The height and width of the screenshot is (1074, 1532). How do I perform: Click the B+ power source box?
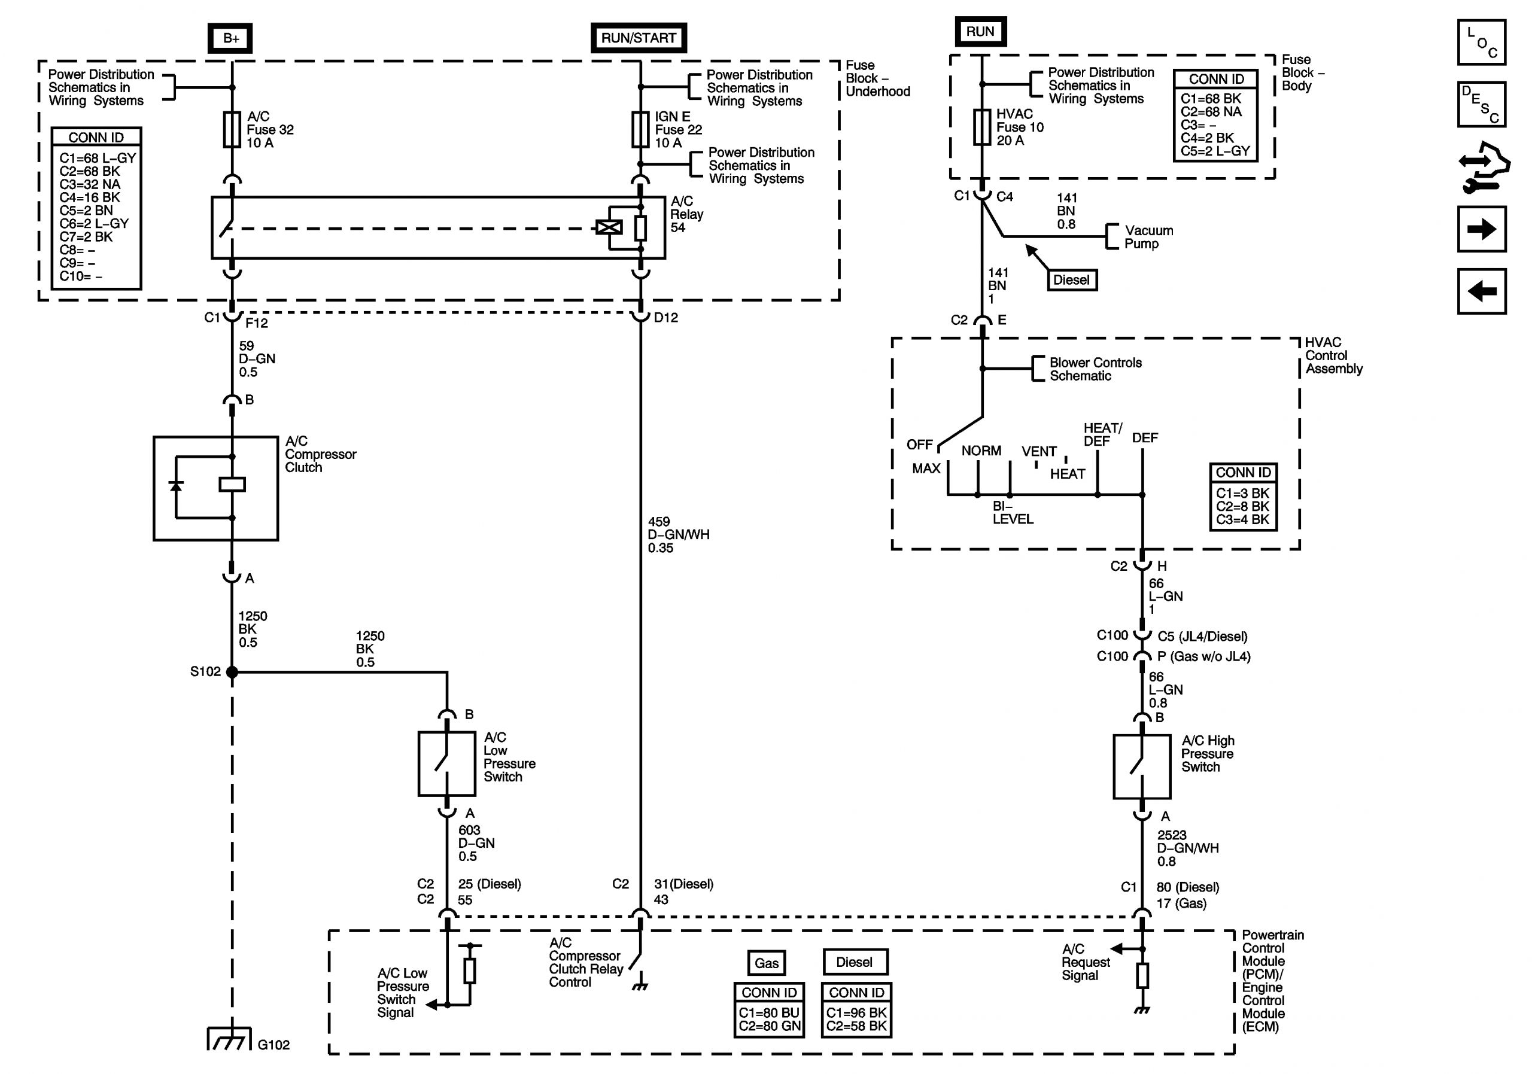click(231, 38)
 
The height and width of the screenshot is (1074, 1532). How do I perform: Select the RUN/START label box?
click(639, 38)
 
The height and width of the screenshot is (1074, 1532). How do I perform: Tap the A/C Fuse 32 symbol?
click(232, 129)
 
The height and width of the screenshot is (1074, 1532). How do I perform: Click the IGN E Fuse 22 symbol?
click(640, 129)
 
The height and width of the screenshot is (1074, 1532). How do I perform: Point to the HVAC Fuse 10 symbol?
click(981, 127)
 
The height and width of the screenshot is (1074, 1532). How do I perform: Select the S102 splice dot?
click(232, 672)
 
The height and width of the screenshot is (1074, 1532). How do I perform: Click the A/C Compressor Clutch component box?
click(215, 488)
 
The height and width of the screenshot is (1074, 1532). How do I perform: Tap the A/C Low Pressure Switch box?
click(446, 764)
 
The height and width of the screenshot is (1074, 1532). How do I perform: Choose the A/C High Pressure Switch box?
click(1142, 766)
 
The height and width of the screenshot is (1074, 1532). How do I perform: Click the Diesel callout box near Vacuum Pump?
click(1071, 280)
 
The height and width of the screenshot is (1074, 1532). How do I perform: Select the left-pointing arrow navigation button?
click(1481, 291)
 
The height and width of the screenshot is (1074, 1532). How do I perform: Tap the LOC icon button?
click(1481, 42)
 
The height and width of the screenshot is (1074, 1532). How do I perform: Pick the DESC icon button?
click(1481, 104)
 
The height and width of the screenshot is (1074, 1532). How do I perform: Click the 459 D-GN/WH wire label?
click(677, 534)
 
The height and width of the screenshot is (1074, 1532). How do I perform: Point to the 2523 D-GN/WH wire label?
click(1187, 848)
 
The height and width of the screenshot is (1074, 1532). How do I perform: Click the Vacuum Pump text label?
click(1148, 237)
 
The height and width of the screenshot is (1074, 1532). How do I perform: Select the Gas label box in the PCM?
click(766, 963)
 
